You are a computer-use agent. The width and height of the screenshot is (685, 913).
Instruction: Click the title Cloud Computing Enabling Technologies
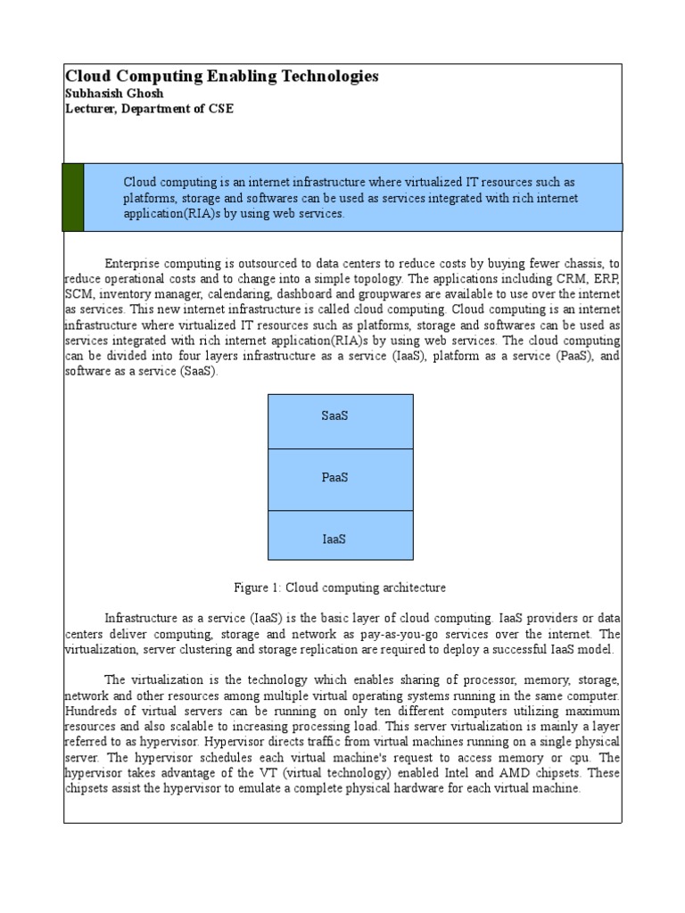[222, 77]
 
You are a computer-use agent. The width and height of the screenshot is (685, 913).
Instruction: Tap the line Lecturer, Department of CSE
[150, 109]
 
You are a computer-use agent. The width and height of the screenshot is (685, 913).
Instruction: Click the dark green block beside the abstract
[73, 197]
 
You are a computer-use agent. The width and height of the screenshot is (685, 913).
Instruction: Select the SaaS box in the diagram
[340, 416]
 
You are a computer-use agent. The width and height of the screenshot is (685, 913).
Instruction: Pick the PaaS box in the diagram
[340, 478]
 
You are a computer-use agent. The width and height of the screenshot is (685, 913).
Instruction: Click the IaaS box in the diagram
[340, 539]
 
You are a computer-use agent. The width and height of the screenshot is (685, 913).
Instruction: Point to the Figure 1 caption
[340, 588]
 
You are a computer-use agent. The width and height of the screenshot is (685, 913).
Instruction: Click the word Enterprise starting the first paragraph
[135, 264]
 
